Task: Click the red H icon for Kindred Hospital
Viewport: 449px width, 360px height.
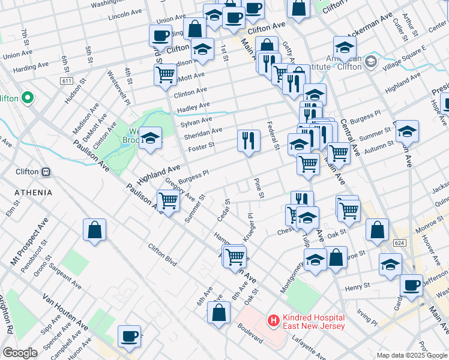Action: click(x=274, y=321)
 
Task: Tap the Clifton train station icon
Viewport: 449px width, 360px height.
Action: click(x=45, y=172)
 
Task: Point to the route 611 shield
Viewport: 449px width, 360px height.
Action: click(x=67, y=80)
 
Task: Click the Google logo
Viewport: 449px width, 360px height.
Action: click(x=20, y=353)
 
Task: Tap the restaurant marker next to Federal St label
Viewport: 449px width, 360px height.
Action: click(x=249, y=142)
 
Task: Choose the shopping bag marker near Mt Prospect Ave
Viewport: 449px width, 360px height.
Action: click(x=95, y=230)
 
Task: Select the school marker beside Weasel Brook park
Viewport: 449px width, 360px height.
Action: click(x=150, y=139)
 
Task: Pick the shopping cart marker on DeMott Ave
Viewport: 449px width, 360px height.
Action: click(x=165, y=76)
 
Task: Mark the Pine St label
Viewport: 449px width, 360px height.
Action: click(x=259, y=187)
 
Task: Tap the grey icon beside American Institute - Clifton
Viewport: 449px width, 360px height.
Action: click(x=370, y=61)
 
